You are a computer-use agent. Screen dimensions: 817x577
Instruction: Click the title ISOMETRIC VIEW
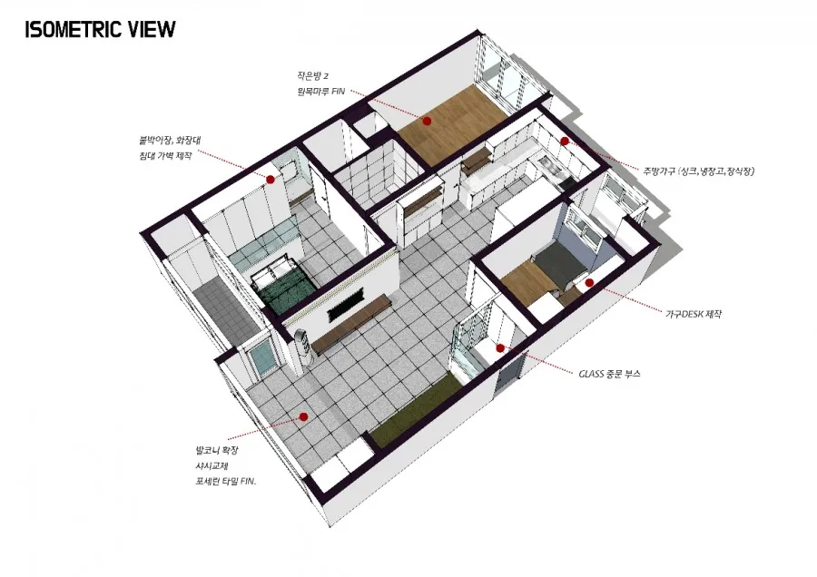pos(100,30)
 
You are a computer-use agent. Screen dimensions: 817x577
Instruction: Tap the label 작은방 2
pos(312,76)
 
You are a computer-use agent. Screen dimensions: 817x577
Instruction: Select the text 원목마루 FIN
pos(321,91)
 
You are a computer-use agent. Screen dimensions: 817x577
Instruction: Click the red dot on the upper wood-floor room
pos(427,121)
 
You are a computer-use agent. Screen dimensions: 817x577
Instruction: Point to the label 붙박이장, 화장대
pos(171,140)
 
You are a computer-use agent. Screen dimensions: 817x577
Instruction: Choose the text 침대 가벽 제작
pos(165,155)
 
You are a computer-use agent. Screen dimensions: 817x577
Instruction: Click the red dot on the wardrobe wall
pos(271,179)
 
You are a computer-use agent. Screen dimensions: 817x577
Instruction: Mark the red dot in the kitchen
pos(565,142)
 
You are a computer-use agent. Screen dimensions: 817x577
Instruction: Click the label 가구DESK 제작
pos(693,314)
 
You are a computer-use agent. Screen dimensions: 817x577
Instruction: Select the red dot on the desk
pos(589,283)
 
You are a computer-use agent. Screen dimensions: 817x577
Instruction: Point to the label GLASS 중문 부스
pos(609,374)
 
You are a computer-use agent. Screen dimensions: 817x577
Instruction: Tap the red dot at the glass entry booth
pos(500,347)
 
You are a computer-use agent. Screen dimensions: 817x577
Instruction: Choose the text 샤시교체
pos(212,466)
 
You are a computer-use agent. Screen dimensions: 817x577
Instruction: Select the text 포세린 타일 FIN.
pos(226,482)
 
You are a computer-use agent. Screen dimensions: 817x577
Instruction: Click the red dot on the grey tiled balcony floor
pos(303,416)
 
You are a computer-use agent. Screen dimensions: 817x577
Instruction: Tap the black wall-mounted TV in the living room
pos(345,308)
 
